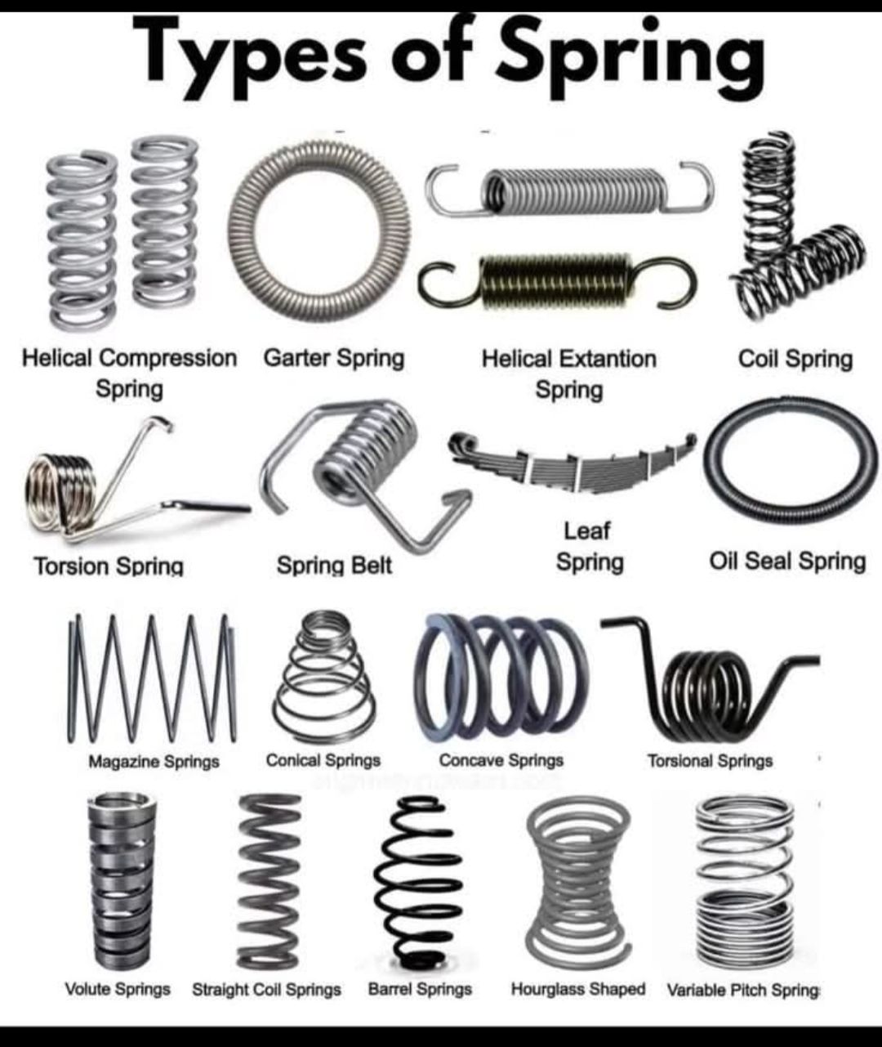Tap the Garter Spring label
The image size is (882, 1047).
334,359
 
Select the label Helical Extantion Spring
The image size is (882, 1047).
569,374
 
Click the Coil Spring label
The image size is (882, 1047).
795,360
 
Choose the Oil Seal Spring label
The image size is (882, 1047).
788,562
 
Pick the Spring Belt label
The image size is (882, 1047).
334,566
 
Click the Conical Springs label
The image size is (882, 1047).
323,760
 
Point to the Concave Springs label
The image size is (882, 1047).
501,760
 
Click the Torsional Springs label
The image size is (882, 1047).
710,761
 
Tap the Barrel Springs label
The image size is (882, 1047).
420,989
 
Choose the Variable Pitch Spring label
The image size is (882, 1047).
742,991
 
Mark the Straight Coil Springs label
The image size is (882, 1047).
266,990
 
